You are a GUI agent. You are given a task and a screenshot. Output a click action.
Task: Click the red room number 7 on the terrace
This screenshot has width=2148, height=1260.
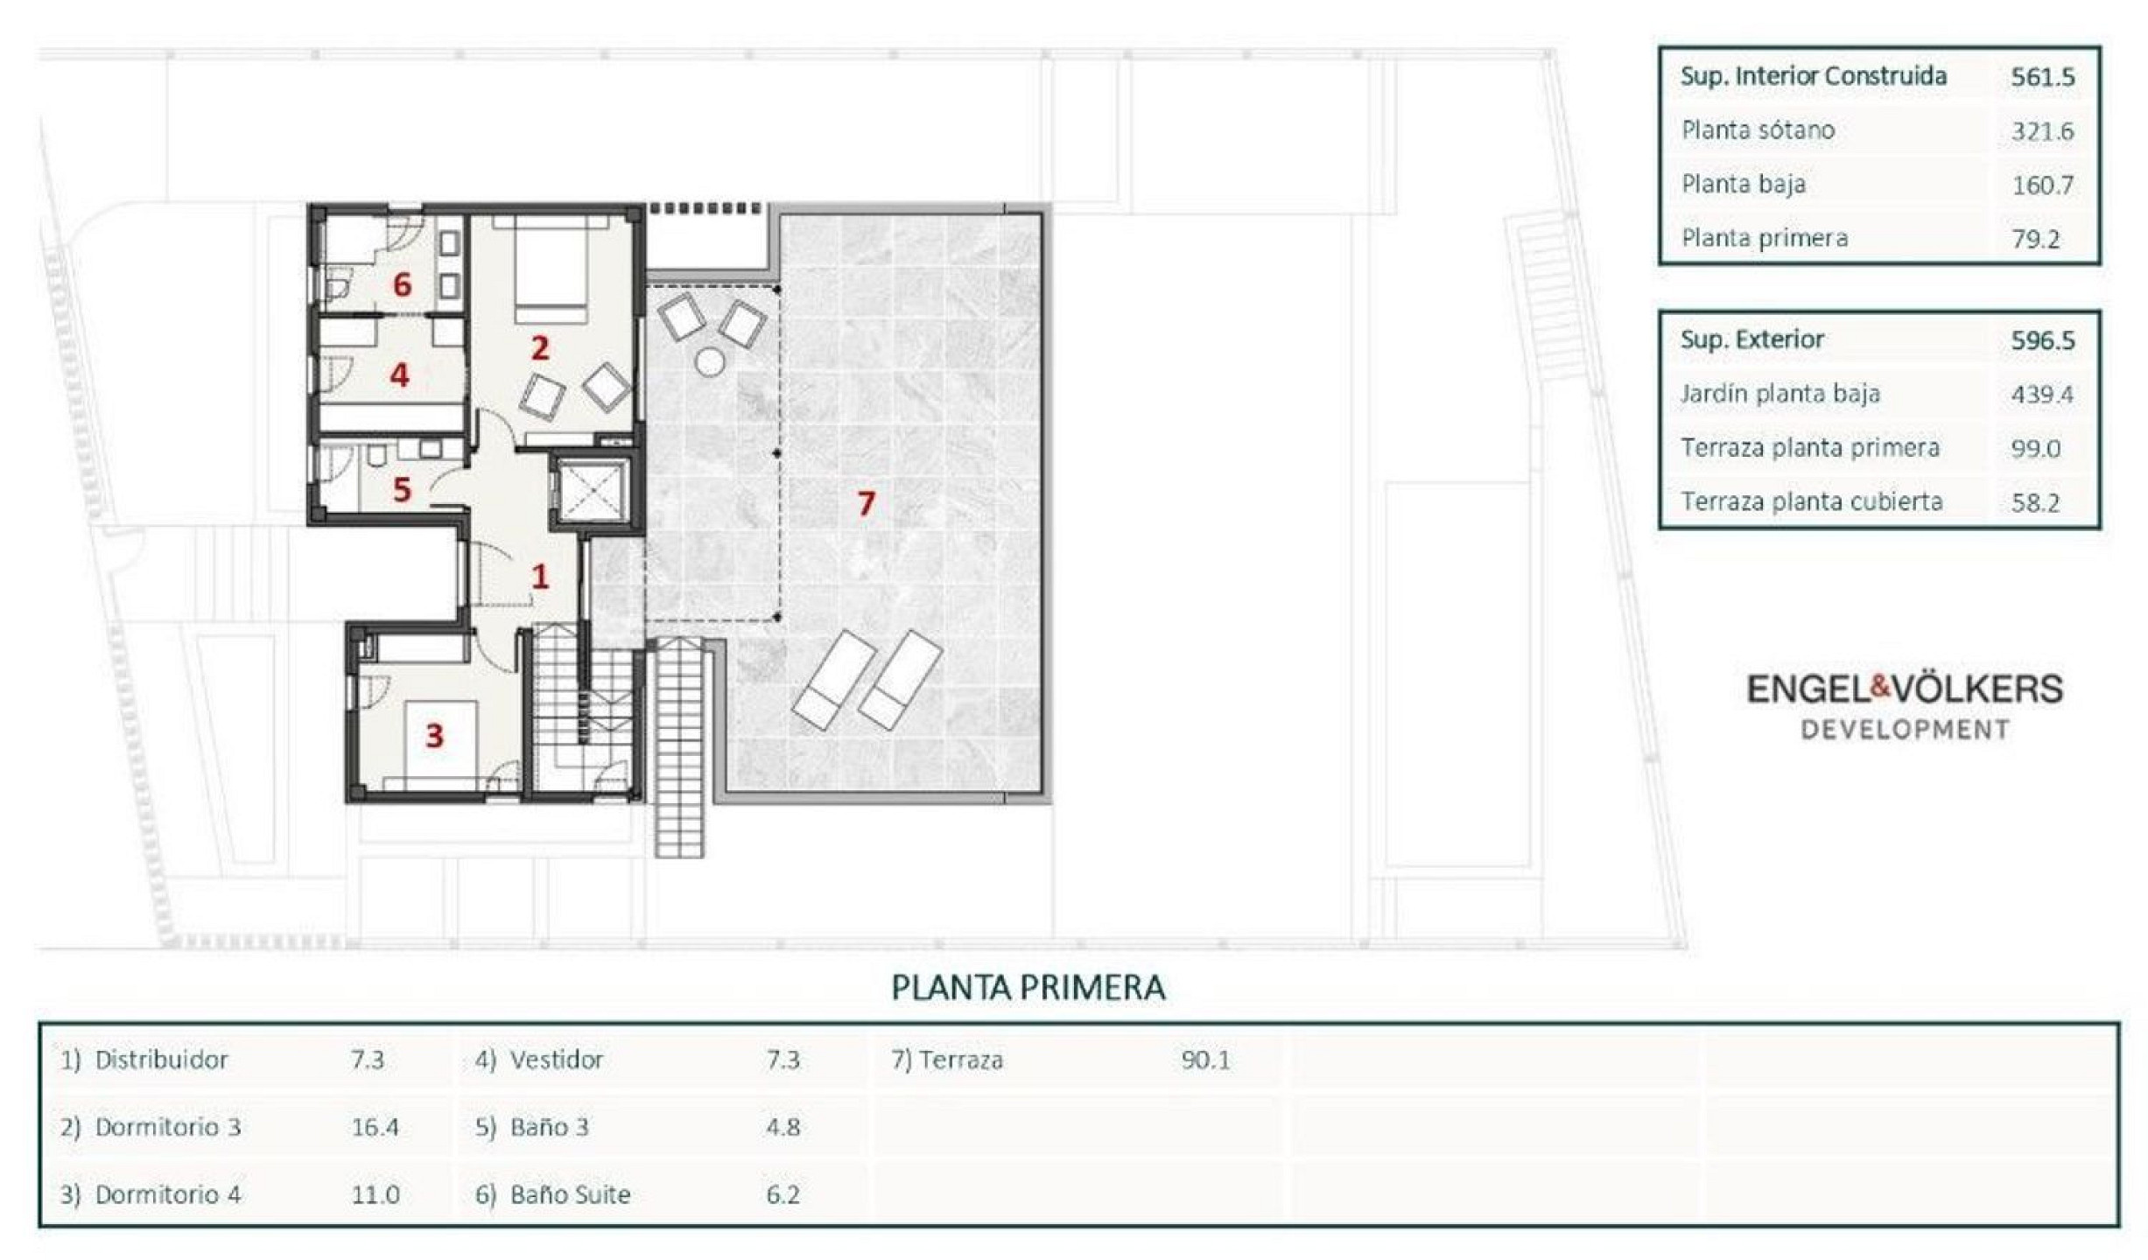tap(866, 503)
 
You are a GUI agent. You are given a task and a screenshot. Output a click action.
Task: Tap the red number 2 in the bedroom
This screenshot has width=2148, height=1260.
tap(540, 348)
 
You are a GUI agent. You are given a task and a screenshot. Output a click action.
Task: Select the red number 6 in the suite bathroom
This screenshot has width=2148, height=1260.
tap(402, 284)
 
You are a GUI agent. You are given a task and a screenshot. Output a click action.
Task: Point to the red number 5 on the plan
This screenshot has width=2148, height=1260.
tap(402, 490)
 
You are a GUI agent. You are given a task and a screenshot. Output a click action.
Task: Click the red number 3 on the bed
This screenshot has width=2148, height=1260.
tap(434, 736)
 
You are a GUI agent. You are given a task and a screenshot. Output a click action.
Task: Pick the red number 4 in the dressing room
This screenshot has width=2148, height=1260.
tap(400, 374)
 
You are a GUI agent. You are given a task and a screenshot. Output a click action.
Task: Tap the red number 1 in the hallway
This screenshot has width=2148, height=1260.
tap(540, 576)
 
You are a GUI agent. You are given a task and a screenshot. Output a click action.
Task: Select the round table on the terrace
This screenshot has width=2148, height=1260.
tap(710, 361)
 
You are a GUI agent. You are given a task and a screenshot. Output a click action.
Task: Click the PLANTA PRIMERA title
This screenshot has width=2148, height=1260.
tap(1028, 988)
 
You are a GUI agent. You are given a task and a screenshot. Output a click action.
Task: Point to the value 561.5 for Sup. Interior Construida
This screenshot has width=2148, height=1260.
tap(2043, 77)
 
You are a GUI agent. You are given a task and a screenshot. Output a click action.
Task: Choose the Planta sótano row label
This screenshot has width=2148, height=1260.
tap(1758, 130)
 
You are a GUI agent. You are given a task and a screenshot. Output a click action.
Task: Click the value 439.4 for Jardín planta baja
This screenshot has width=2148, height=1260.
tap(2042, 395)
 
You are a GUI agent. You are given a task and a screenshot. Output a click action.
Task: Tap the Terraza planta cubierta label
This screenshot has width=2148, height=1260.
tap(1812, 501)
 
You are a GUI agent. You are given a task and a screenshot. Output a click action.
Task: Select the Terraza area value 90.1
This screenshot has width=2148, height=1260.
tap(1205, 1060)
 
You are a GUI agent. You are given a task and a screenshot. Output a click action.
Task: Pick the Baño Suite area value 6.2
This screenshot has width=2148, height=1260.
tap(783, 1195)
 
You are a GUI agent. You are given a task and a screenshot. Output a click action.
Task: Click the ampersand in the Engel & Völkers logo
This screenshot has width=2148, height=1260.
tap(1879, 688)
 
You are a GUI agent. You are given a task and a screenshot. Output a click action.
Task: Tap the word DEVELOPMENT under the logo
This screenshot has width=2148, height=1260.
tap(1905, 730)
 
